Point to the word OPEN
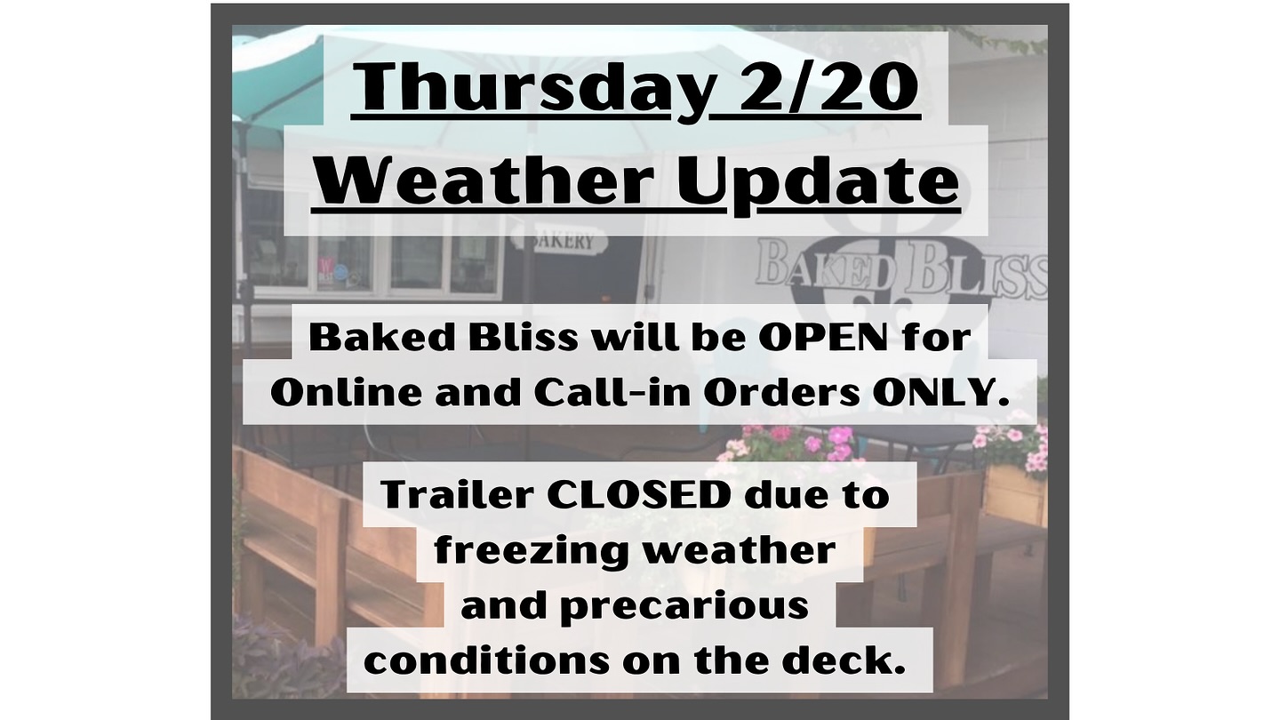823,338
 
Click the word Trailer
457,495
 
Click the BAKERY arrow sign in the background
559,241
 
